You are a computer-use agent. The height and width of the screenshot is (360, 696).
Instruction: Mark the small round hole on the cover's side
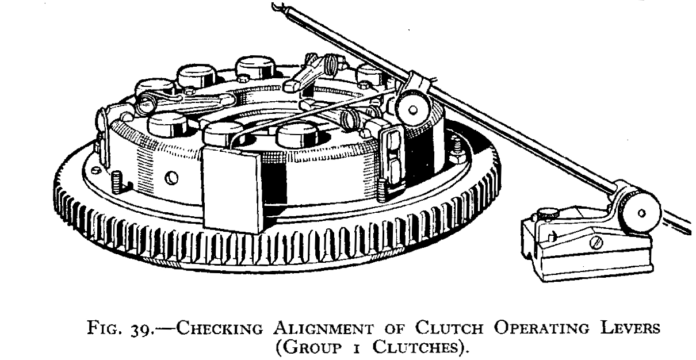(170, 179)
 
